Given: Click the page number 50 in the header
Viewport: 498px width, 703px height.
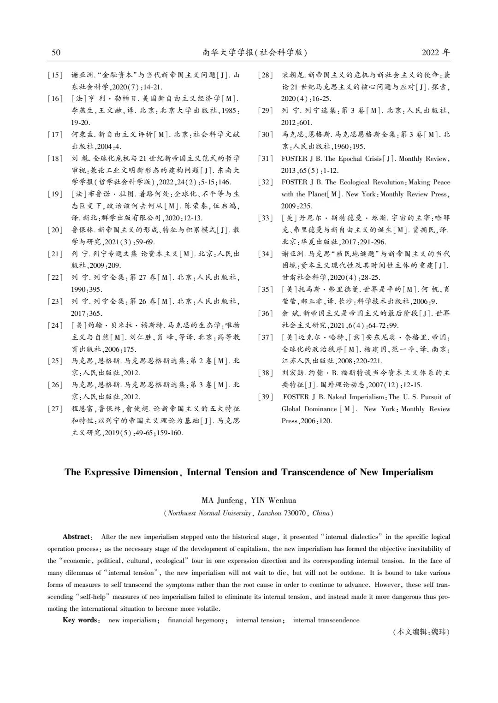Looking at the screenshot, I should [56, 53].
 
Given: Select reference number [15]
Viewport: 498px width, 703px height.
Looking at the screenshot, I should [55, 75].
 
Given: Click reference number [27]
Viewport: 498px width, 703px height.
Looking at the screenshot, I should [55, 408].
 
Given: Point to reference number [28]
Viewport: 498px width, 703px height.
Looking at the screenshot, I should [266, 75].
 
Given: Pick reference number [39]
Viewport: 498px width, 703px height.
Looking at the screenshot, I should [266, 397].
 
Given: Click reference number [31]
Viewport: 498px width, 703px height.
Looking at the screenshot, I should [266, 159].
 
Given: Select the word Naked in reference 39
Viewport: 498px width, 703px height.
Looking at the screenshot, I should [337, 397].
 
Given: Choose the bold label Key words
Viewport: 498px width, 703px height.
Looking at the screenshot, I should [81, 620].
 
